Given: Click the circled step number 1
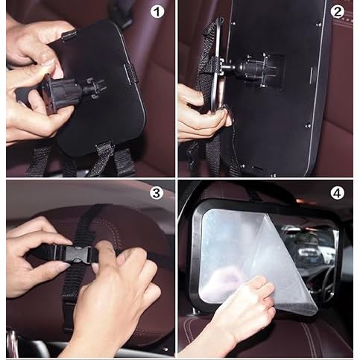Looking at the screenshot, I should (x=157, y=13).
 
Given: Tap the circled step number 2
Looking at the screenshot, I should (x=337, y=13).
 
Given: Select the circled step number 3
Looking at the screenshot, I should (x=157, y=193).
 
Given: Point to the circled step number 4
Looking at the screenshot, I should (x=337, y=193).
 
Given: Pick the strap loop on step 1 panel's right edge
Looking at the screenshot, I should (x=132, y=72).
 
